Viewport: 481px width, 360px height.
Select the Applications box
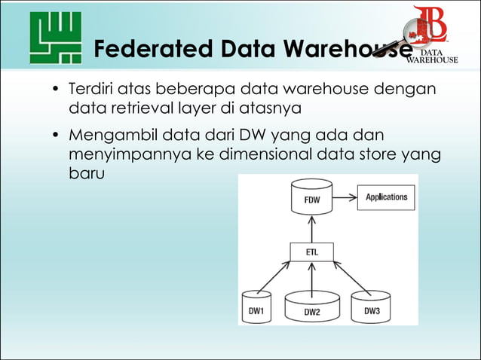[x=385, y=198]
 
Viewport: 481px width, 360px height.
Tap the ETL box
[x=311, y=253]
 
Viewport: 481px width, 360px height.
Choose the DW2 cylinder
[x=311, y=309]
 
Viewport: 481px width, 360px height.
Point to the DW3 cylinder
[x=371, y=307]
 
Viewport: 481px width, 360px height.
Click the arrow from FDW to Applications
[x=345, y=199]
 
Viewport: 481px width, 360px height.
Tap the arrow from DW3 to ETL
[x=351, y=276]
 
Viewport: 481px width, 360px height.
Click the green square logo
[x=55, y=38]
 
